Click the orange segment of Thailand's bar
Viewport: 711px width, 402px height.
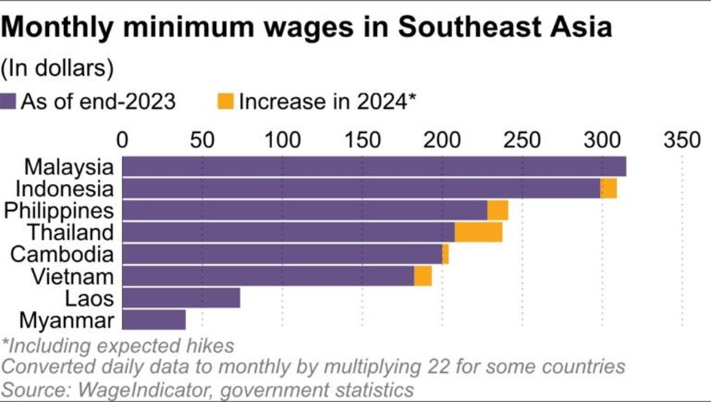[x=478, y=232]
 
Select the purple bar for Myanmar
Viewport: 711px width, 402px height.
[x=154, y=320]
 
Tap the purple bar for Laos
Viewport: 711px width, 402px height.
[x=181, y=298]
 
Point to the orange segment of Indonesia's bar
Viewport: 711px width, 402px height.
[x=608, y=188]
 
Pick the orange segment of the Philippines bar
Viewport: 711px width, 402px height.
[x=497, y=210]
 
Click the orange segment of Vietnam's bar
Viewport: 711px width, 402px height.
[x=423, y=277]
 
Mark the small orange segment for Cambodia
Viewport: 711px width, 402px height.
[x=445, y=255]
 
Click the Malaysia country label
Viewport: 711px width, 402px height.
[x=69, y=166]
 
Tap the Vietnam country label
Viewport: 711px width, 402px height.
[x=79, y=277]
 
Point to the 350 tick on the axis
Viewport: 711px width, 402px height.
[x=682, y=139]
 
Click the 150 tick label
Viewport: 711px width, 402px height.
[x=362, y=139]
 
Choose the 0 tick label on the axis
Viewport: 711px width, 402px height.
[x=122, y=139]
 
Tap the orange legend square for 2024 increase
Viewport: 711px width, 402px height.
[x=227, y=101]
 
